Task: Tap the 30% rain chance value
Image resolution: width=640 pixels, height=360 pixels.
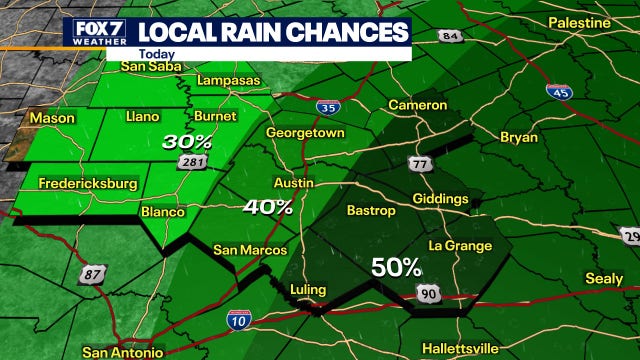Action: point(188,142)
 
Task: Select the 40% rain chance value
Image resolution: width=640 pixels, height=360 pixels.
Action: point(269,207)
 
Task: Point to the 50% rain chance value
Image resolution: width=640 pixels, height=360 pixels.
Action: point(397,267)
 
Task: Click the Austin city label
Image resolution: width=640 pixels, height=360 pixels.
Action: point(293,184)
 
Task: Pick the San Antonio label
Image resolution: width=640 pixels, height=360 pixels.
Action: point(122,352)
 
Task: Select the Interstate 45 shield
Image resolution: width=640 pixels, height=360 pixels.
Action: point(558,91)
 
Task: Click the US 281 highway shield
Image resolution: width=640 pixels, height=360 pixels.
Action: point(194,162)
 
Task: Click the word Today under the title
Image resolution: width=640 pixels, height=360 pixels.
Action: point(155,55)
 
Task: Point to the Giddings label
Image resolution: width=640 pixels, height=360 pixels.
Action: point(439,199)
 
